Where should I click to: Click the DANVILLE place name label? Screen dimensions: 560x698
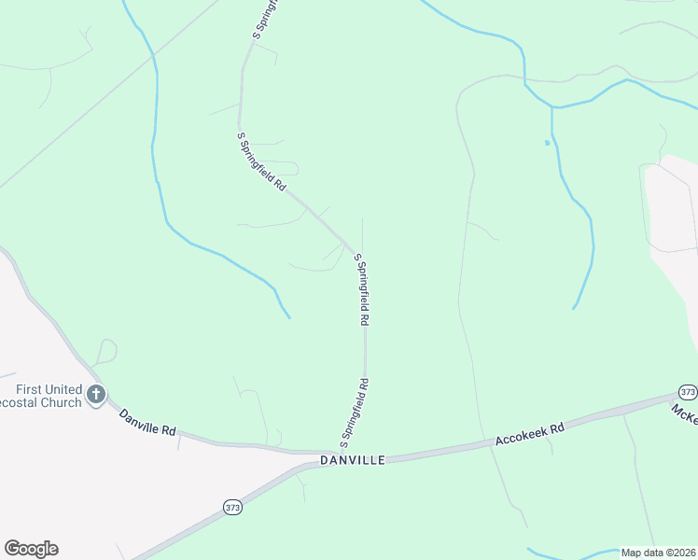352,460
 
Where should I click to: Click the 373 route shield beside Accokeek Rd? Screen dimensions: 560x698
688,392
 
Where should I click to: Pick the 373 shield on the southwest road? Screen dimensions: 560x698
232,508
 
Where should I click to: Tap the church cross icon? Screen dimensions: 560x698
95,396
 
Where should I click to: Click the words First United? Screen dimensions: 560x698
49,389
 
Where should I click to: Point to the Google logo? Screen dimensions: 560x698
31,549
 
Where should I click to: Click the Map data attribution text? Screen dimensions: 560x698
657,553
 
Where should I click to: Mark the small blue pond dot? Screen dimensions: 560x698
546,143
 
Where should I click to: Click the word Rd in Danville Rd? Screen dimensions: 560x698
168,430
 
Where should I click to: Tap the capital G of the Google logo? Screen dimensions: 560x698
12,549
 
